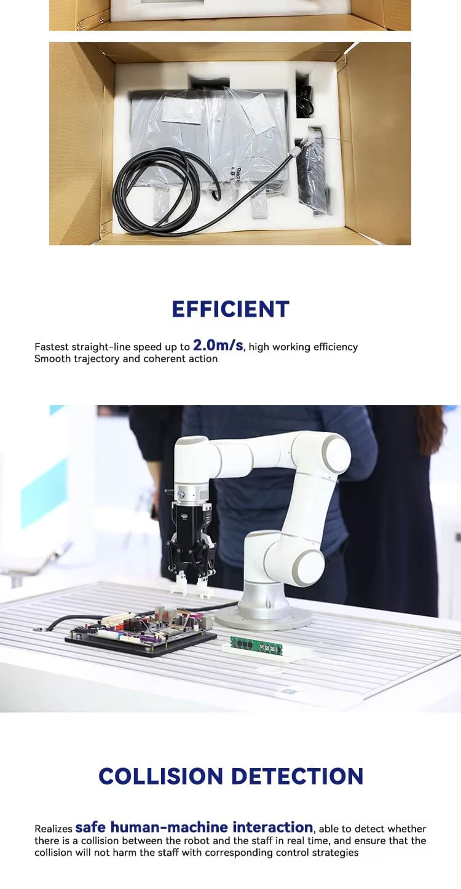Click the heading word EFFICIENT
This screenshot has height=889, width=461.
pos(230,309)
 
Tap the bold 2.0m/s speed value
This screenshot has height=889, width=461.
pos(218,346)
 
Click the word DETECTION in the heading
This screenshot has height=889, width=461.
pos(297,776)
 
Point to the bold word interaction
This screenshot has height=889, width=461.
pos(272,828)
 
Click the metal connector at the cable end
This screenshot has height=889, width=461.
pos(296,151)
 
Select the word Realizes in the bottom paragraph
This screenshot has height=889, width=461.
pos(53,829)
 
